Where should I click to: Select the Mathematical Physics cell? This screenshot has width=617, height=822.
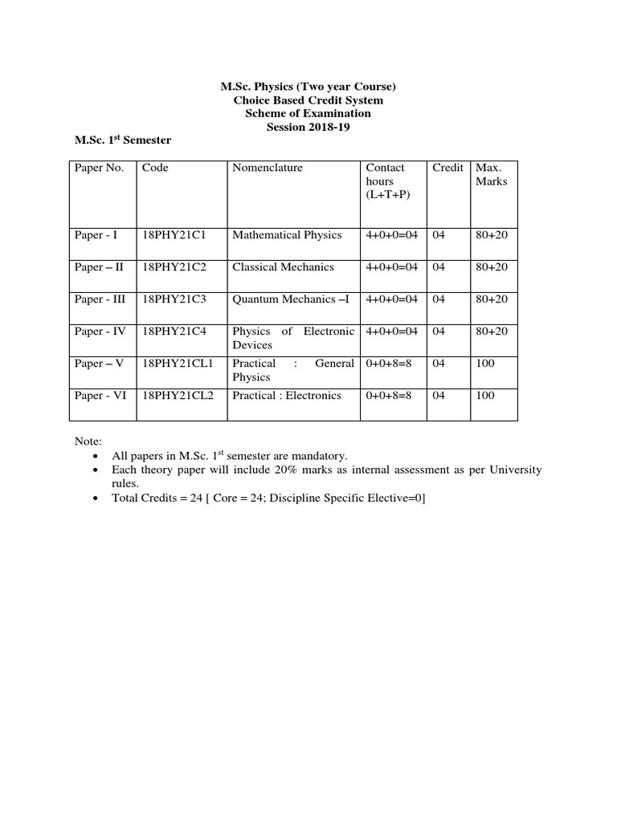coord(287,235)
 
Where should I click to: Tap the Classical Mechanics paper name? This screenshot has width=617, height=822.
coord(283,267)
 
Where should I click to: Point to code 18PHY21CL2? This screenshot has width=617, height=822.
coord(178,396)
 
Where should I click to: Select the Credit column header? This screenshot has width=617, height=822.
coord(447,168)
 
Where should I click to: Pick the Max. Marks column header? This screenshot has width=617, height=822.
coord(492,174)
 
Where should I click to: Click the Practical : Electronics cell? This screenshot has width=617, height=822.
coord(287,396)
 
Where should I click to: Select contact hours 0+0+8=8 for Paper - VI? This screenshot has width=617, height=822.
coord(389,396)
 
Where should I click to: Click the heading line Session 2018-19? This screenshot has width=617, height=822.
coord(308,127)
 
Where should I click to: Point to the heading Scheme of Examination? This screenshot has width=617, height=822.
coord(308,113)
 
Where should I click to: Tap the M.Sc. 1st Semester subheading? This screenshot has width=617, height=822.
coord(122,140)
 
